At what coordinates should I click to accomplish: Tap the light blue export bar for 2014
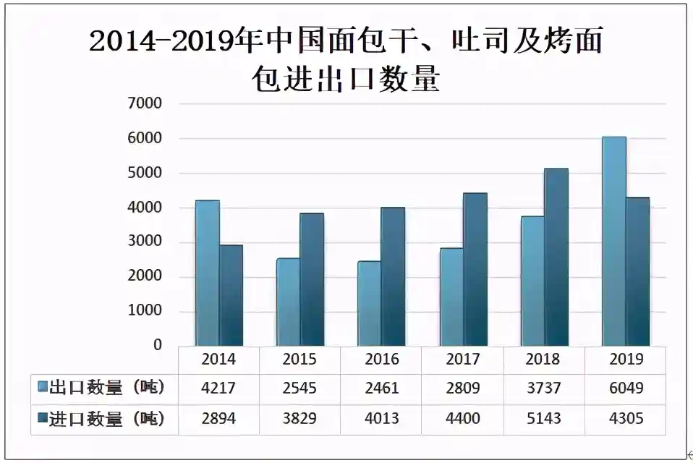(x=207, y=273)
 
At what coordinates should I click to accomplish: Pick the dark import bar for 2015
(x=312, y=279)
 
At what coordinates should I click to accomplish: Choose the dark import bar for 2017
(x=475, y=269)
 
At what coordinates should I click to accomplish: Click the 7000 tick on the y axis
(x=145, y=103)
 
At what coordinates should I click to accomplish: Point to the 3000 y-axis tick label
(x=145, y=242)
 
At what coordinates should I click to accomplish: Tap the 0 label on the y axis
(x=156, y=346)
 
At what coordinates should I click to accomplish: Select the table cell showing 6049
(x=626, y=388)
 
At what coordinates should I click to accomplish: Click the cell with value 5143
(x=544, y=419)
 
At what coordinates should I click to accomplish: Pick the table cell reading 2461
(x=381, y=388)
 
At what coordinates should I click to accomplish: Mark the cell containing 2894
(x=218, y=419)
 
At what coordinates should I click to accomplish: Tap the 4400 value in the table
(x=463, y=419)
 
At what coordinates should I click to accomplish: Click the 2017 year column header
(x=463, y=359)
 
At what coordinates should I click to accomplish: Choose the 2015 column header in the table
(x=300, y=359)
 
